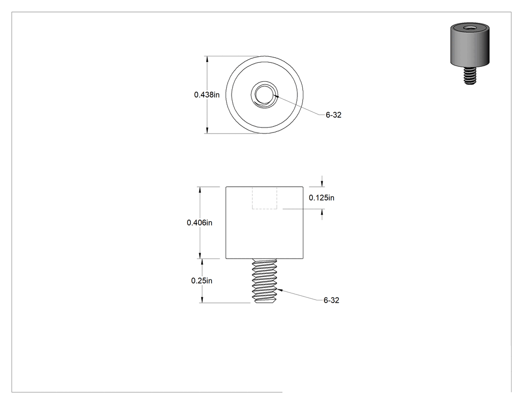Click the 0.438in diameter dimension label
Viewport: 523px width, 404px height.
[207, 95]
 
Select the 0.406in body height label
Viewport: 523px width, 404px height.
[199, 223]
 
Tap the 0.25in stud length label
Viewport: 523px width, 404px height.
[201, 280]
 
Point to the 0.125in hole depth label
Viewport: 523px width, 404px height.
[322, 198]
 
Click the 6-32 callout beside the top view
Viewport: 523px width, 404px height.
[334, 115]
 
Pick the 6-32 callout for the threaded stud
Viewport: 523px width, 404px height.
[331, 300]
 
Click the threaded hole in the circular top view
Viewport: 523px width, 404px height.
[264, 95]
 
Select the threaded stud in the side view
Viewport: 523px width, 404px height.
[265, 281]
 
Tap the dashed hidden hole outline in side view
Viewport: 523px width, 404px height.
[264, 198]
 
